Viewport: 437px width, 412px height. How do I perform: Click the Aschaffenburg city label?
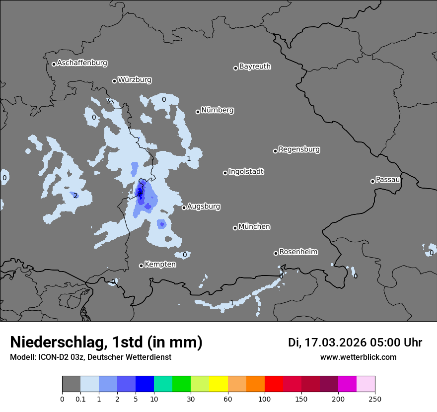click(82, 63)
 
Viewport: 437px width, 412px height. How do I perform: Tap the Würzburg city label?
click(135, 80)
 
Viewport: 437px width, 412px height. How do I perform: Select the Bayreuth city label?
click(255, 67)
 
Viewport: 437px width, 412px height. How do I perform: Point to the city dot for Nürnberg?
click(198, 112)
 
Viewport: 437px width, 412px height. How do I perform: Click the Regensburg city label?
click(299, 149)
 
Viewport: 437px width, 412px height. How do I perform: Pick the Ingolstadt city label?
click(246, 172)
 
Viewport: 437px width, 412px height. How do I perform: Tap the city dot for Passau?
click(372, 181)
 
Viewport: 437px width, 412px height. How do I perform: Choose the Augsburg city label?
click(204, 206)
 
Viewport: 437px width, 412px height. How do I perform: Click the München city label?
click(254, 227)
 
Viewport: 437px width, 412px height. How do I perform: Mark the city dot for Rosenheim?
click(276, 253)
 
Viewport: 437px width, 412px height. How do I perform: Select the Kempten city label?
click(160, 265)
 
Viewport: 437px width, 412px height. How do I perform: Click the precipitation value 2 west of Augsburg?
click(75, 196)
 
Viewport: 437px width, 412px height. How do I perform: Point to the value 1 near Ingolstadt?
click(189, 158)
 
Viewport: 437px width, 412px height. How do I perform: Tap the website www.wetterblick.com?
click(358, 357)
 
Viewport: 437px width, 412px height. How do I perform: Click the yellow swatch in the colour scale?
click(218, 384)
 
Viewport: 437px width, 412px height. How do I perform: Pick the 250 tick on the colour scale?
click(374, 399)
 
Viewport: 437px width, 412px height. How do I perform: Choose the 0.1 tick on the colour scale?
click(80, 399)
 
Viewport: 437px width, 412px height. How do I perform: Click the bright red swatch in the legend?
click(274, 384)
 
